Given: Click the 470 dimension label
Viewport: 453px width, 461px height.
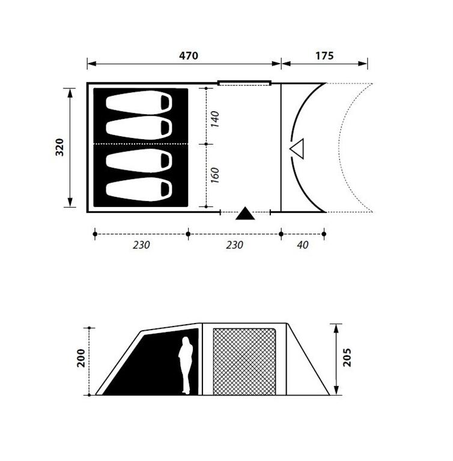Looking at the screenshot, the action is point(189,56).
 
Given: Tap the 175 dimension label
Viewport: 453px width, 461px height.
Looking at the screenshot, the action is point(324,56).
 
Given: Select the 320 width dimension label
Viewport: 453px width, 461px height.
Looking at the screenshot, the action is point(59,147).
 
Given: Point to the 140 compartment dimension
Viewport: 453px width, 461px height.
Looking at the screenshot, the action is point(215,119).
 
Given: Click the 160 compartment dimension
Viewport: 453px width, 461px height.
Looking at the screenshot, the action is point(215,175).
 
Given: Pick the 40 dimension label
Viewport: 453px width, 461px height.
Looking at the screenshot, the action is point(303,245).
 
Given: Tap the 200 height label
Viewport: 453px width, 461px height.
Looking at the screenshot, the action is point(81,358).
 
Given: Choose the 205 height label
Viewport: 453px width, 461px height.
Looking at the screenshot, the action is point(347,357).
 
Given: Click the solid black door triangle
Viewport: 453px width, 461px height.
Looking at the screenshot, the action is point(245,214).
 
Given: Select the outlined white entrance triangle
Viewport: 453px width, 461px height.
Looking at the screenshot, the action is point(297,148).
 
